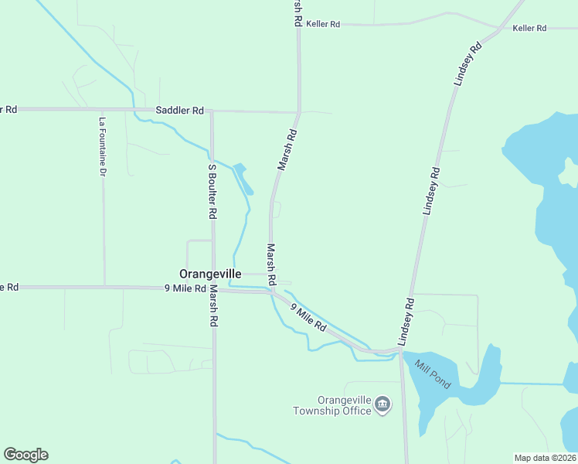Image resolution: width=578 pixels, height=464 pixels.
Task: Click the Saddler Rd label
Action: (x=179, y=111)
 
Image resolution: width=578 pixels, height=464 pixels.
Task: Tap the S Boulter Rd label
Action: (x=211, y=191)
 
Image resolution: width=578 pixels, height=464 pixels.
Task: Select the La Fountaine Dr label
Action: (x=101, y=147)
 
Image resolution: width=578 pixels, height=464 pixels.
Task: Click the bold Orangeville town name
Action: (x=210, y=274)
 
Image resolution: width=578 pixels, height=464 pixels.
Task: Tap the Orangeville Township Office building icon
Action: (x=382, y=404)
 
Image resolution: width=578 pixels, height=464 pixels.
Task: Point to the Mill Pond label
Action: (x=431, y=374)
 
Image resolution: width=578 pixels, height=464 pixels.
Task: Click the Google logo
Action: (x=25, y=455)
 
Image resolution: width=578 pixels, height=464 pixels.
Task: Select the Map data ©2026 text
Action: (x=545, y=458)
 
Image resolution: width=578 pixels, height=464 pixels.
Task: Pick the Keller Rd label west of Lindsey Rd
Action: (x=323, y=25)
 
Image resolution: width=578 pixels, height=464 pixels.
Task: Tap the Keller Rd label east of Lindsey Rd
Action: (x=529, y=28)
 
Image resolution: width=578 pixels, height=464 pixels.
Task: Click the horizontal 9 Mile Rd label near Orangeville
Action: (x=182, y=288)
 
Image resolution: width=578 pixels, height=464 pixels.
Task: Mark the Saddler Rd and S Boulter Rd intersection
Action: (x=212, y=111)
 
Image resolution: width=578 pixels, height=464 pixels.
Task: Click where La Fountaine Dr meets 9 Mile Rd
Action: (x=104, y=287)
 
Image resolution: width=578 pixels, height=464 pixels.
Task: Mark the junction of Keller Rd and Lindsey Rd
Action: (x=500, y=28)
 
